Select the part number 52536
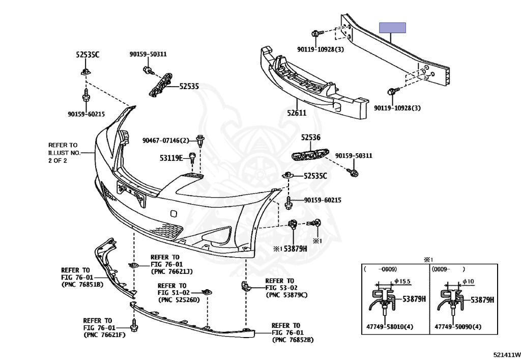pos(310,137)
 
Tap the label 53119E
pos(170,158)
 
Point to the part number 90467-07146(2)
pos(166,140)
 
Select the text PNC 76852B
pos(293,340)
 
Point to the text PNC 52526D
pos(179,300)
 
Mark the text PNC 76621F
pos(105,335)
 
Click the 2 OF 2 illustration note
pos(57,160)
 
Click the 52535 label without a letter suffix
pos(189,87)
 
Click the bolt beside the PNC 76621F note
pos(134,324)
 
